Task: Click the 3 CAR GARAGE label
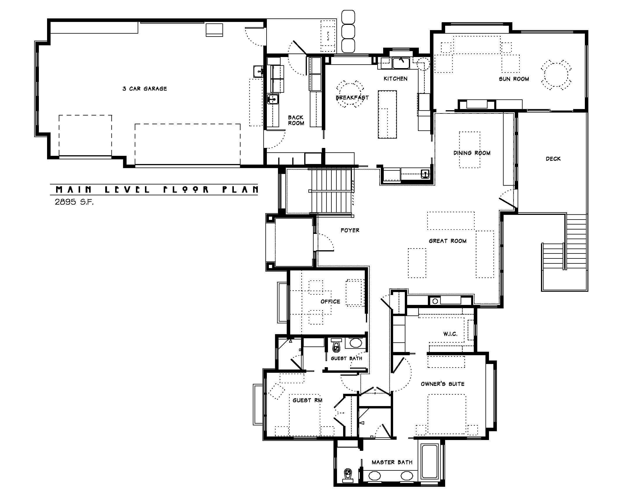[x=145, y=89]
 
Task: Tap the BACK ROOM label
[x=296, y=120]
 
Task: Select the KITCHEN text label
[x=395, y=79]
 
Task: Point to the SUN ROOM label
[x=514, y=79]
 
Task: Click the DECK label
[x=553, y=159]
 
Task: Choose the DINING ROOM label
[x=472, y=153]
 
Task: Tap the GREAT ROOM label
[x=447, y=241]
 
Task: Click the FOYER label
[x=350, y=230]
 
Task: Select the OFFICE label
[x=330, y=301]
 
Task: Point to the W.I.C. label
[x=450, y=334]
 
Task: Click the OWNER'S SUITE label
[x=442, y=384]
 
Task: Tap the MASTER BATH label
[x=392, y=462]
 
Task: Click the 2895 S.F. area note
[x=74, y=202]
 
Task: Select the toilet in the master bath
[x=348, y=475]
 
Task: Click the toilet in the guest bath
[x=336, y=346]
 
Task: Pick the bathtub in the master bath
[x=430, y=461]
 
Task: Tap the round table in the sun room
[x=556, y=75]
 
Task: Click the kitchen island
[x=388, y=114]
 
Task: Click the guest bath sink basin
[x=356, y=343]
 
